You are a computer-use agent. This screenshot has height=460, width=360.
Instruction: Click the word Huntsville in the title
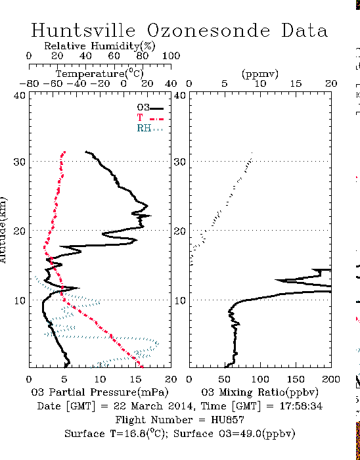point(83,30)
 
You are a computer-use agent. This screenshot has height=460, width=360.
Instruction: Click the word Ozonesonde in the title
point(208,30)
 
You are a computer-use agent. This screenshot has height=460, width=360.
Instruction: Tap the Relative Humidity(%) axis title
point(100,46)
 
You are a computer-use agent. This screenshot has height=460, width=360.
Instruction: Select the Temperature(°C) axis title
point(100,74)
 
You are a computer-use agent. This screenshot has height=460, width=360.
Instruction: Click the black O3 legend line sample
point(156,108)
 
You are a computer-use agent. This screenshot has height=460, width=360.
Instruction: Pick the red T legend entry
point(150,118)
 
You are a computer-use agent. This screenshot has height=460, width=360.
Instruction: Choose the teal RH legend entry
point(149,128)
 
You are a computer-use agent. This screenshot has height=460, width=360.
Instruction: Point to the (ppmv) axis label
point(260,74)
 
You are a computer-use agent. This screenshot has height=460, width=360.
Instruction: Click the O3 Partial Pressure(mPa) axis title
point(100,392)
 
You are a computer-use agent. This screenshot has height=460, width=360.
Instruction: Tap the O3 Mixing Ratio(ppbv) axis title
point(259,392)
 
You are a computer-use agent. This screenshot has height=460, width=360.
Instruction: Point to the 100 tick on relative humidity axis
point(171,56)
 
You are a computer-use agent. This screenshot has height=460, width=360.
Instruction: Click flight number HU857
point(227,420)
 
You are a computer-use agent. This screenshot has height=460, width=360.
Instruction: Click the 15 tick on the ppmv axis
point(296,84)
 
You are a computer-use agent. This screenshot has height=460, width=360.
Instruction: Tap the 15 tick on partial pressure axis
point(135,379)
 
